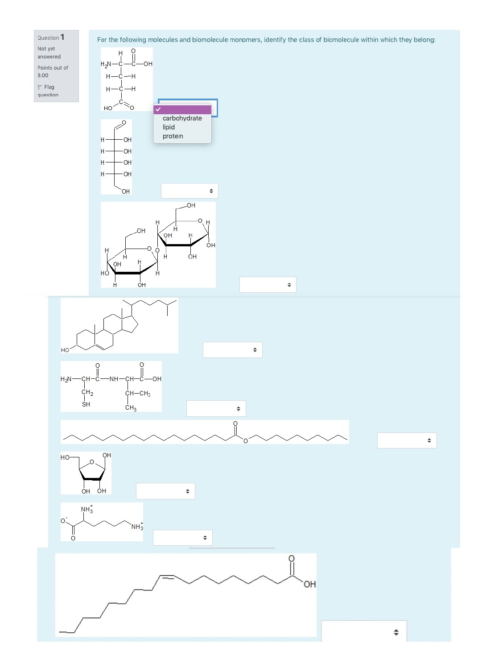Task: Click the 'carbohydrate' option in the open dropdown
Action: click(x=182, y=118)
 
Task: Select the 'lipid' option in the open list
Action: click(x=169, y=127)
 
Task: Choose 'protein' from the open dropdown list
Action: click(x=173, y=136)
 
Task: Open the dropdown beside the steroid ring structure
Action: click(x=232, y=350)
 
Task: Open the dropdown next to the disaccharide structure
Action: click(x=267, y=285)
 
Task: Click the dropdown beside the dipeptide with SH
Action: click(x=216, y=409)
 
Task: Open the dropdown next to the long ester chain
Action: click(x=407, y=440)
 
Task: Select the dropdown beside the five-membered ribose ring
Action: click(x=165, y=491)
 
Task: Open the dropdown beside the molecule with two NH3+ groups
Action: click(x=182, y=538)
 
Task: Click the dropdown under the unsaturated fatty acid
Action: click(x=364, y=631)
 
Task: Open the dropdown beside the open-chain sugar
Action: click(x=189, y=191)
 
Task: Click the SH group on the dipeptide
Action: click(x=86, y=404)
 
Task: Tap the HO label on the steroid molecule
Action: click(x=65, y=350)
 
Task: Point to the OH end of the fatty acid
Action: click(x=309, y=584)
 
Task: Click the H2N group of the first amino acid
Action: click(x=106, y=64)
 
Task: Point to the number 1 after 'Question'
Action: click(x=62, y=37)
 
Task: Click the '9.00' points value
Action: click(x=43, y=75)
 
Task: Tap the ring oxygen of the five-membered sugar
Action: click(x=92, y=462)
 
